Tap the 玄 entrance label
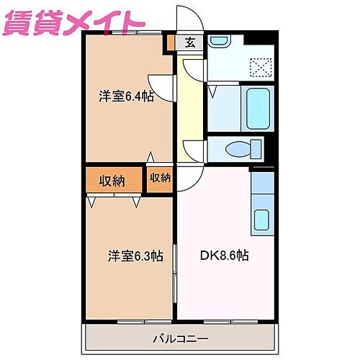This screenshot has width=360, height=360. click(x=189, y=42)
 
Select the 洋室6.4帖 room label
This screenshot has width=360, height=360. click(x=126, y=95)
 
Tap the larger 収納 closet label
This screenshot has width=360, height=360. click(x=112, y=181)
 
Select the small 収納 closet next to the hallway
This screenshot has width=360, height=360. click(x=160, y=178)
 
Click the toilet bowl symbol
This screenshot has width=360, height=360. click(x=235, y=150)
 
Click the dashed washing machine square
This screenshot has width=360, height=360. click(x=258, y=67)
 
